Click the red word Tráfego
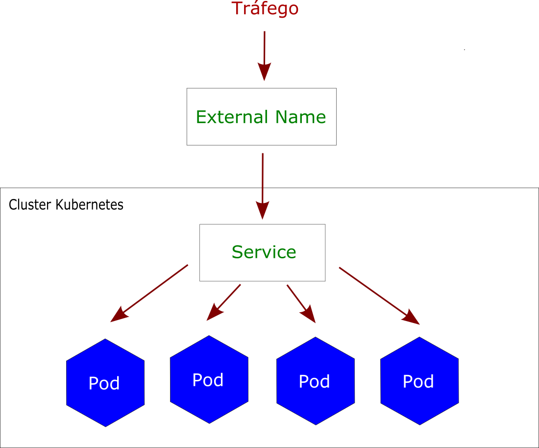pyautogui.click(x=265, y=9)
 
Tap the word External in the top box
pyautogui.click(x=232, y=117)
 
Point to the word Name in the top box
pyautogui.click(x=300, y=117)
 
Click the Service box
pyautogui.click(x=262, y=270)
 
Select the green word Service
pyautogui.click(x=264, y=252)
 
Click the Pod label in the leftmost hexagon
pyautogui.click(x=104, y=383)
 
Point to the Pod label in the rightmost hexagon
pyautogui.click(x=418, y=381)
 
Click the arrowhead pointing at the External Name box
pyautogui.click(x=265, y=73)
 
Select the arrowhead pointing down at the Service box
pyautogui.click(x=263, y=211)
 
